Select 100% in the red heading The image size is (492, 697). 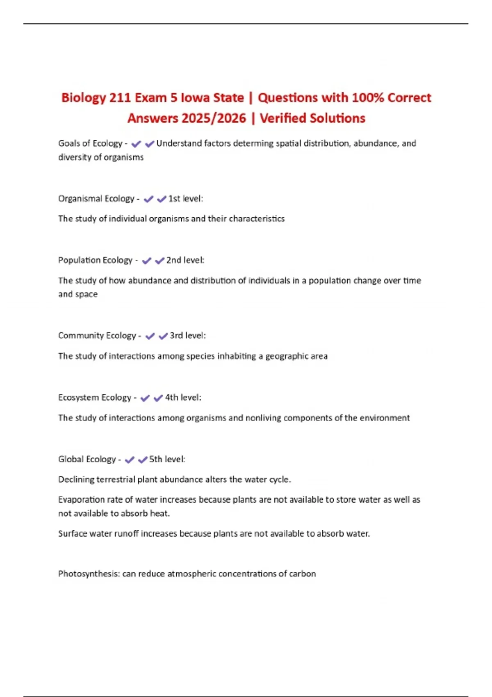(x=368, y=98)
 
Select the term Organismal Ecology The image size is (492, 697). (x=96, y=199)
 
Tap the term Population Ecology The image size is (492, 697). (x=95, y=260)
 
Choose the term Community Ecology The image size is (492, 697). (x=97, y=336)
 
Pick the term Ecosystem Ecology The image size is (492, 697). (x=94, y=398)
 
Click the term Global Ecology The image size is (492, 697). (x=87, y=459)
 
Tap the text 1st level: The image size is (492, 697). (x=186, y=199)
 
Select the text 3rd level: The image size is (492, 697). (x=188, y=336)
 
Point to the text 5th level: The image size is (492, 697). (x=167, y=459)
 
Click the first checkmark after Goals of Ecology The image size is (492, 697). (x=136, y=144)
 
